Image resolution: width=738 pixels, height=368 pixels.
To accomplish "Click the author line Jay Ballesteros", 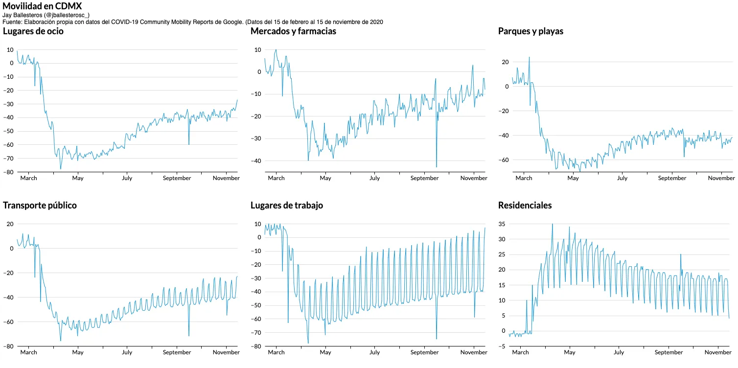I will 46,15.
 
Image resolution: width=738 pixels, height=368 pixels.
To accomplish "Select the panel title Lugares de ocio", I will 33,31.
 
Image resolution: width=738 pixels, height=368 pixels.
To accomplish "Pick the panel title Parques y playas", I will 530,31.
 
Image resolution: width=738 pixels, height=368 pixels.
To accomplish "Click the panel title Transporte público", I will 40,206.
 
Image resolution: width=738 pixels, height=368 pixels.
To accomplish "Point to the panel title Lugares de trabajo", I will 287,206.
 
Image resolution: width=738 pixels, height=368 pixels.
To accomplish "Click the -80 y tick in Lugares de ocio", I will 9,172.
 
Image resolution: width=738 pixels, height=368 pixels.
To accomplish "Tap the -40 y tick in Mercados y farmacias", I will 256,161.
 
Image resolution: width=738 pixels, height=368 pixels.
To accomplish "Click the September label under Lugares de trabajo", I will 424,352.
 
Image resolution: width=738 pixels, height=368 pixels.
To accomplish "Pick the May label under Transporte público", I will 78,352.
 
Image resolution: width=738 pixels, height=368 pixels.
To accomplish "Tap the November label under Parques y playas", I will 721,178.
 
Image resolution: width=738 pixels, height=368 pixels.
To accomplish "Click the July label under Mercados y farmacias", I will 374,178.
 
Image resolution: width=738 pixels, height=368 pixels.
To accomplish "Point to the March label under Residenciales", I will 520,352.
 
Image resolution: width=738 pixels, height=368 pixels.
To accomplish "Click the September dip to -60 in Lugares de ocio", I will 189,144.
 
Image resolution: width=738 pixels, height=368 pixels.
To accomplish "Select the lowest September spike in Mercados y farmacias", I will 437,167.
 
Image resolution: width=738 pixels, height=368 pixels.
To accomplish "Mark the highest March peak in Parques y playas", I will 529,57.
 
